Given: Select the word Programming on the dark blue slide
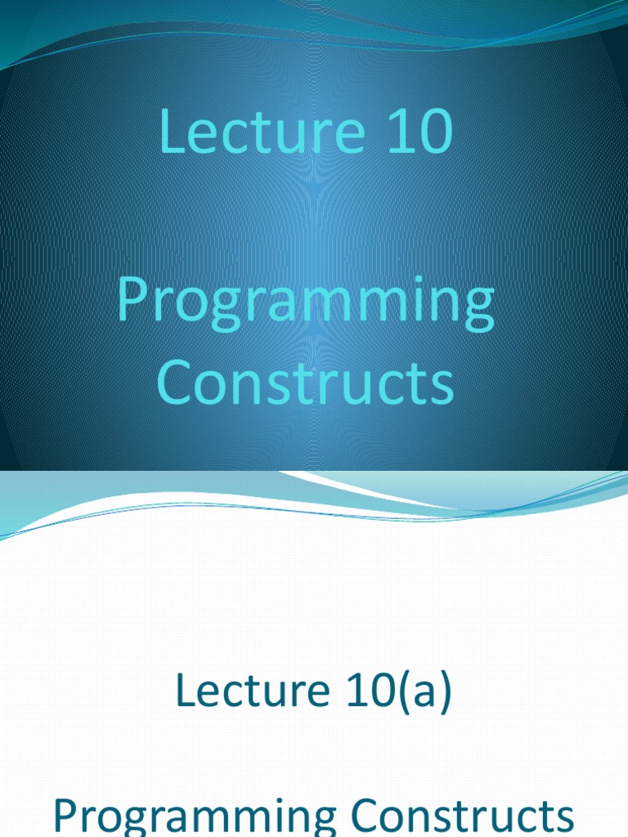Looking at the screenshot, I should (305, 303).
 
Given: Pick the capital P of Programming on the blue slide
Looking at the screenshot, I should (131, 300).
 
